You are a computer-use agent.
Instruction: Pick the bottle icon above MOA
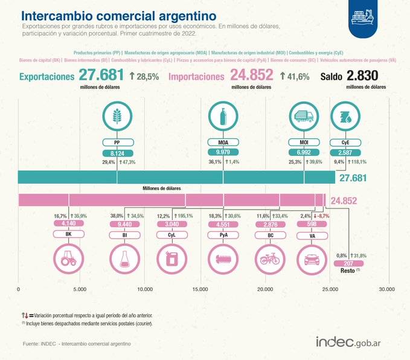[223, 116]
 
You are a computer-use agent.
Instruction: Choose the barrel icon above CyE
[342, 116]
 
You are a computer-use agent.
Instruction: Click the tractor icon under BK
[68, 259]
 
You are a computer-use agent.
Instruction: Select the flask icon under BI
[124, 259]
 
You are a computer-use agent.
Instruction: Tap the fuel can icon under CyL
[171, 259]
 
